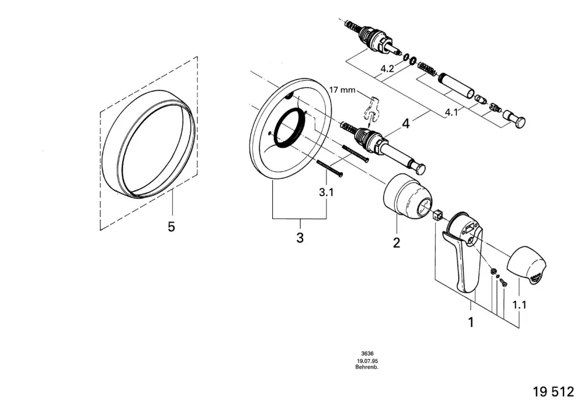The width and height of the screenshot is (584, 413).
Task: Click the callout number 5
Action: [171, 227]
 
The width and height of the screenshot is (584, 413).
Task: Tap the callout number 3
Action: [300, 238]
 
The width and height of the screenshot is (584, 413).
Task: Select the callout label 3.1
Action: [326, 193]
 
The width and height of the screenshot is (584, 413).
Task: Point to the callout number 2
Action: [397, 243]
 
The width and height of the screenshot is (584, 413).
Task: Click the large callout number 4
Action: [406, 123]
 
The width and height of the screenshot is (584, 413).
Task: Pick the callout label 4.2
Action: [387, 68]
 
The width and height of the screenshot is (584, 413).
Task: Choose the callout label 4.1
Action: [451, 112]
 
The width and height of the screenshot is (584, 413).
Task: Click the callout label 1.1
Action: [519, 305]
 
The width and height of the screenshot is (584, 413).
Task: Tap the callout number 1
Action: [471, 322]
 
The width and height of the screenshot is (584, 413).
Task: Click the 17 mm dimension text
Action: [342, 90]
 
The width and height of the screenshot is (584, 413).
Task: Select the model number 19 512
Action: [554, 392]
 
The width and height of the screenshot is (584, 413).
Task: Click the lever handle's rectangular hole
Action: [470, 227]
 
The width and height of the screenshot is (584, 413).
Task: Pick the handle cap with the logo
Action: [526, 265]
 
